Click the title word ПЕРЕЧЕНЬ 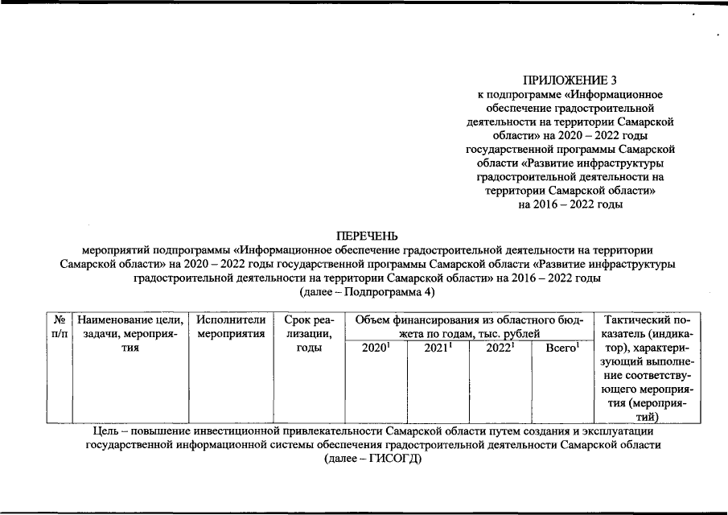point(368,236)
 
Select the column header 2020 point(374,348)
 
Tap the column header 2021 point(437,348)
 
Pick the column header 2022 point(500,348)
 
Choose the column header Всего point(562,348)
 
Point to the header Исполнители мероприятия point(230,327)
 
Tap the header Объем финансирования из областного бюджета point(467,327)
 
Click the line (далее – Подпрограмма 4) point(367,292)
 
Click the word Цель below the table point(109,431)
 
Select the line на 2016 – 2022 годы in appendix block point(570,204)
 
